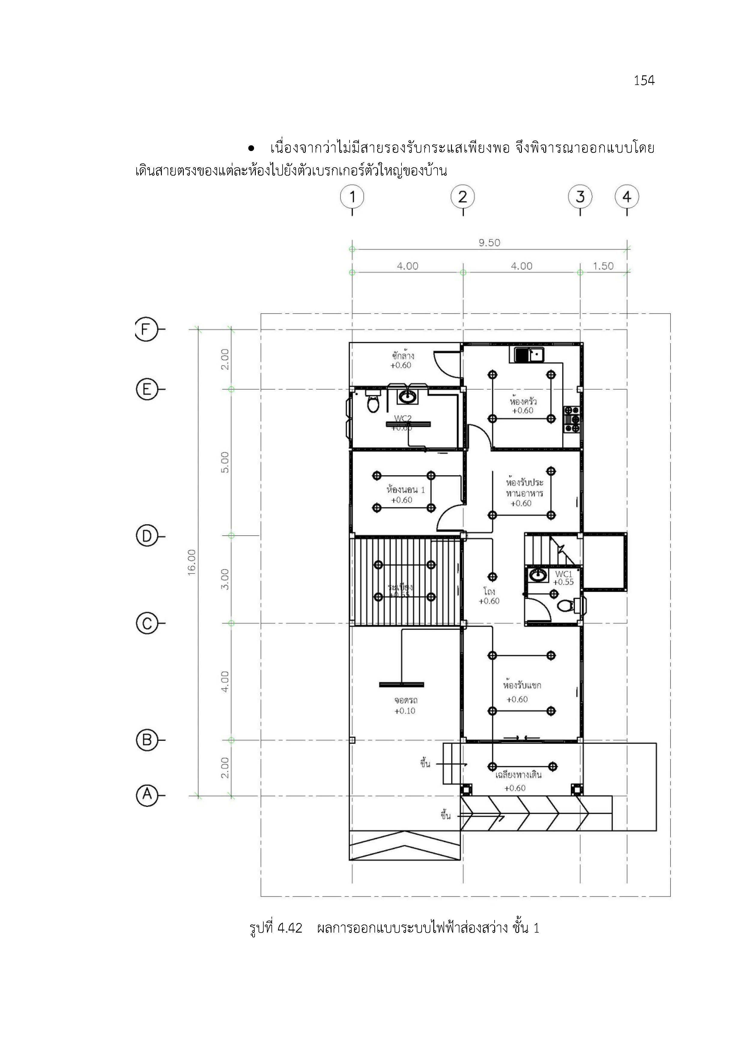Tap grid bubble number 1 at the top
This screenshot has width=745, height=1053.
[x=352, y=197]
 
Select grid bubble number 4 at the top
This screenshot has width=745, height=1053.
[x=627, y=197]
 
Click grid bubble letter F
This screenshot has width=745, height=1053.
[x=146, y=329]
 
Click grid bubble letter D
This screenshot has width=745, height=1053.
[x=147, y=536]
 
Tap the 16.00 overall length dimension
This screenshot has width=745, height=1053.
[x=192, y=562]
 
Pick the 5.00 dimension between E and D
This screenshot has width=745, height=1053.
[x=225, y=462]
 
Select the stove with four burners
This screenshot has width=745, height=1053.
[x=572, y=419]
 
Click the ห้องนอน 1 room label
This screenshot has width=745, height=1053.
[x=405, y=490]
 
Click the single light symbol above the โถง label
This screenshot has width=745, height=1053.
[x=492, y=577]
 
